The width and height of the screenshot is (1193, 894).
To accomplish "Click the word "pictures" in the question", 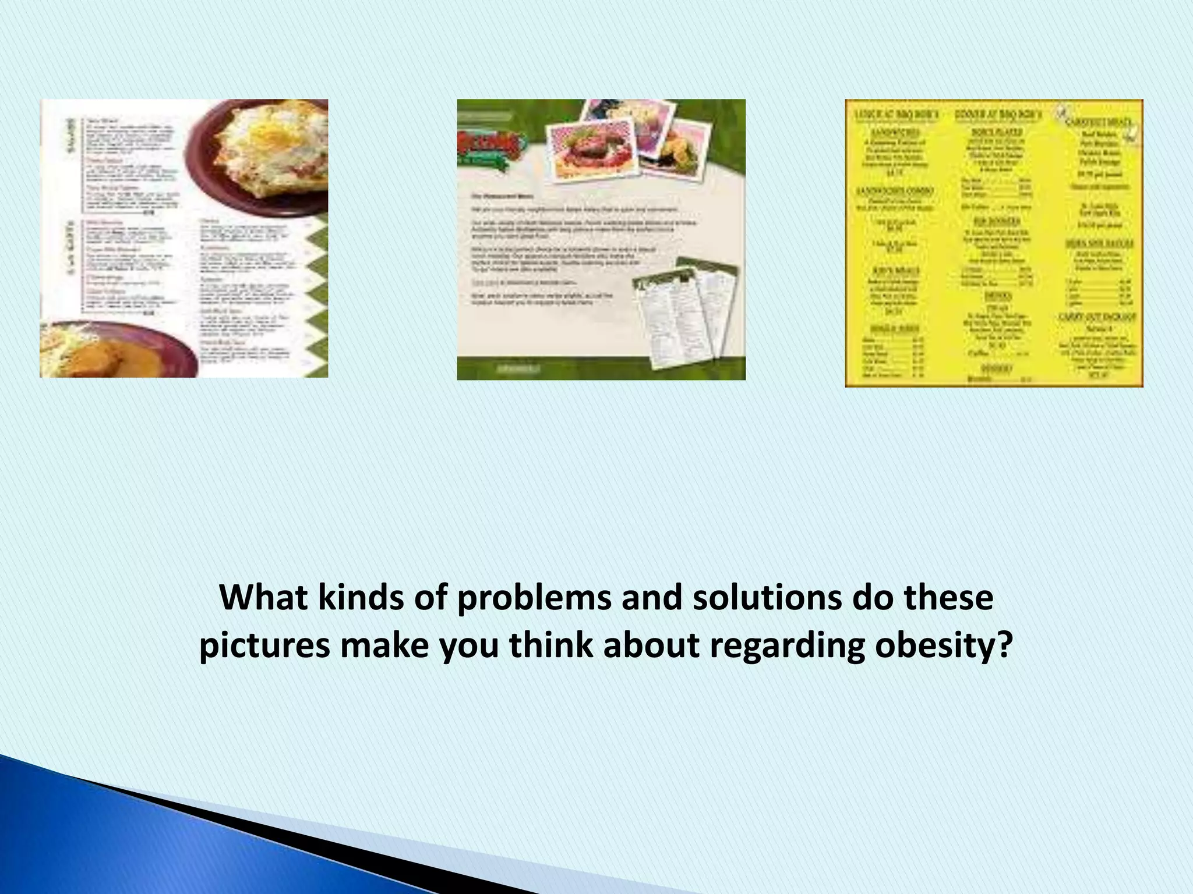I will coord(265,646).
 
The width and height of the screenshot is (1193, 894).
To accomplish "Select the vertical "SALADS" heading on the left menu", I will coord(72,137).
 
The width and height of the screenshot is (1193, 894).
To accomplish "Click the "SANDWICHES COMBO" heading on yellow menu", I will coord(895,191).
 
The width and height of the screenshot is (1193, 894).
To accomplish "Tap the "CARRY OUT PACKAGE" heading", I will coord(1097,317).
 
